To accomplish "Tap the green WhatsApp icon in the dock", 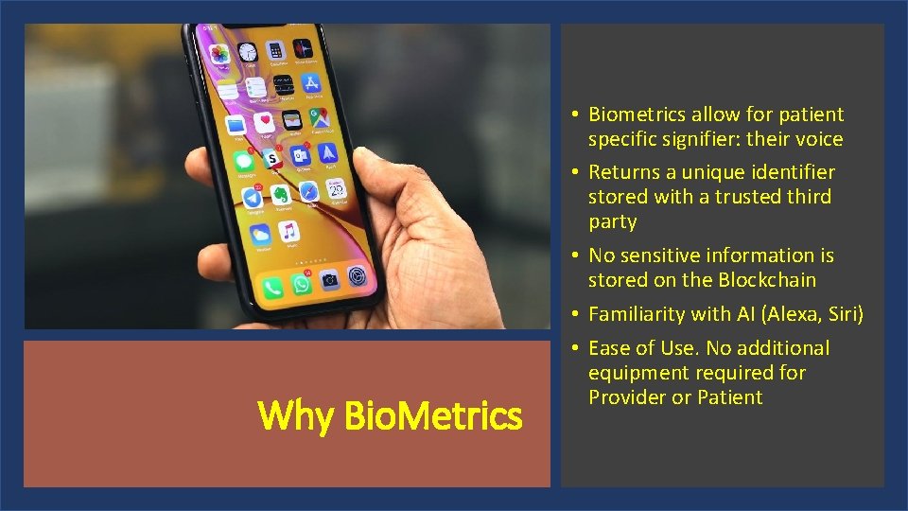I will pos(301,285).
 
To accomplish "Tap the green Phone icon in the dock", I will pos(272,288).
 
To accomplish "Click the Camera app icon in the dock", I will pos(329,280).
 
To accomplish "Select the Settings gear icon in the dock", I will pos(358,275).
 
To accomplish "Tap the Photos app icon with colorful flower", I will pos(219,55).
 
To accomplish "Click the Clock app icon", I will pos(247,52).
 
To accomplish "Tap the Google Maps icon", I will pos(322,117).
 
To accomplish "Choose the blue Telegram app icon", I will pos(253,198).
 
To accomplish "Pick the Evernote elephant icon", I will pos(281,194).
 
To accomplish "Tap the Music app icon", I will pos(288,230).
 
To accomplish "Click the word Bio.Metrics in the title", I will pos(433,414).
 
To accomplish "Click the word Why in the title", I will pos(298,414).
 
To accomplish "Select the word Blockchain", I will pos(767,280).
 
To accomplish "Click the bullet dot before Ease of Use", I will pos(575,349).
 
